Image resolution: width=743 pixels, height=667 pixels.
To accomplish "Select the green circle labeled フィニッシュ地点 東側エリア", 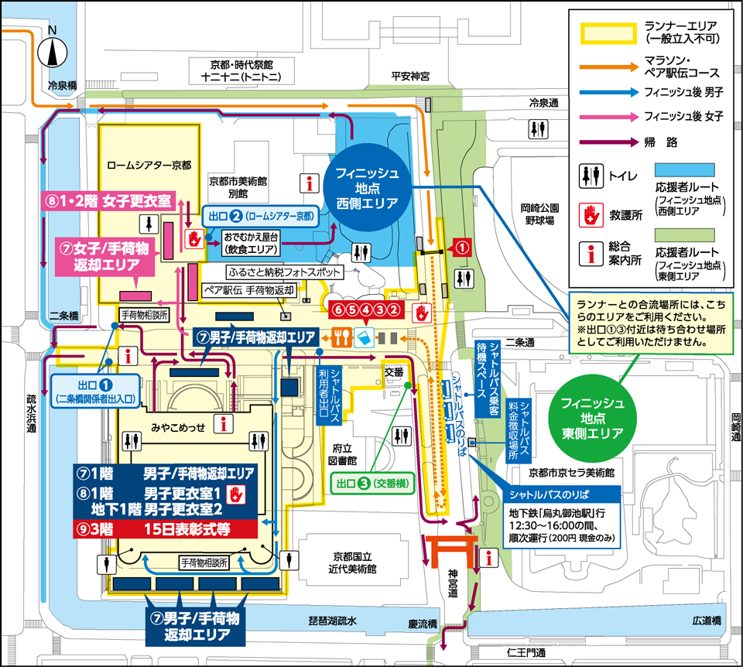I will pyautogui.click(x=593, y=418).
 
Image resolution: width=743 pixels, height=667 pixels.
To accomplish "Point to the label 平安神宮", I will pyautogui.click(x=409, y=76).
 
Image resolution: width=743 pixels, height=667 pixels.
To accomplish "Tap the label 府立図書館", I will pyautogui.click(x=343, y=453).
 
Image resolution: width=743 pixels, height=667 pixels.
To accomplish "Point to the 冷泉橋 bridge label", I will pyautogui.click(x=62, y=86).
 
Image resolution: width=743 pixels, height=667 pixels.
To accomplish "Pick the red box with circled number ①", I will pyautogui.click(x=461, y=248).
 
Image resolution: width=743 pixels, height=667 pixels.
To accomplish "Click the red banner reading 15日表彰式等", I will pyautogui.click(x=164, y=530).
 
